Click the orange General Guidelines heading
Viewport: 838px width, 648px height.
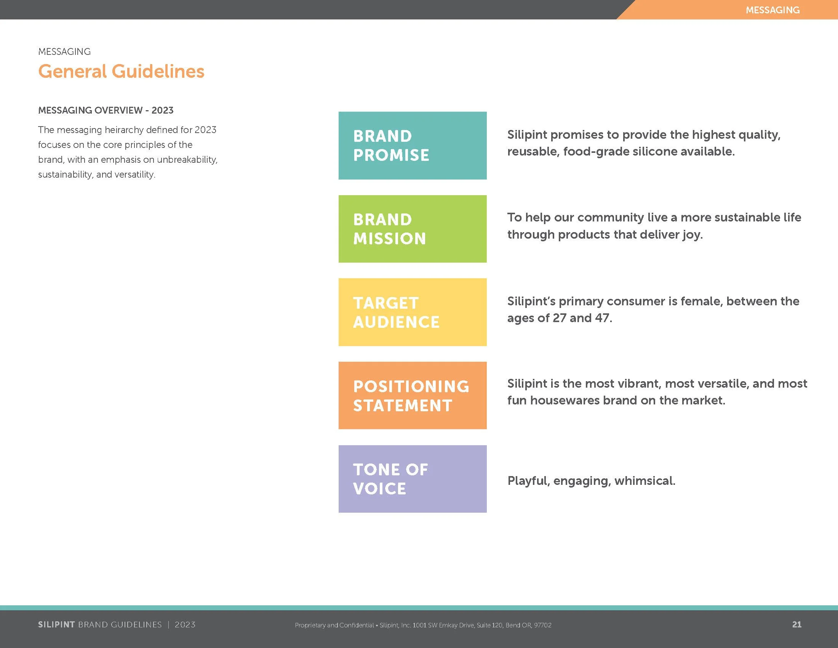point(121,71)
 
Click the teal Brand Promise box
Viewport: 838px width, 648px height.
point(412,146)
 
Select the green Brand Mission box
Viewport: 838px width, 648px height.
point(412,229)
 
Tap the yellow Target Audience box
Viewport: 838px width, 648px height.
point(412,312)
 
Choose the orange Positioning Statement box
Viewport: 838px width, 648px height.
point(412,395)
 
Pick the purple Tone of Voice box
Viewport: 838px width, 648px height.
point(412,479)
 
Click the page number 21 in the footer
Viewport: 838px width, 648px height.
point(796,625)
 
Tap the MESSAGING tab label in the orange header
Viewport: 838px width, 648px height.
point(772,10)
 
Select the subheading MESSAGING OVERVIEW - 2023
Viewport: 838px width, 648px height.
point(106,110)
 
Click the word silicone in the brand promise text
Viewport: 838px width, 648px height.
point(655,151)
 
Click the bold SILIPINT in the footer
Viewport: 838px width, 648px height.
point(56,625)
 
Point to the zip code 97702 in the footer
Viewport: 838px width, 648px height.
point(542,625)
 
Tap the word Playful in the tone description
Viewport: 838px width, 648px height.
point(528,481)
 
